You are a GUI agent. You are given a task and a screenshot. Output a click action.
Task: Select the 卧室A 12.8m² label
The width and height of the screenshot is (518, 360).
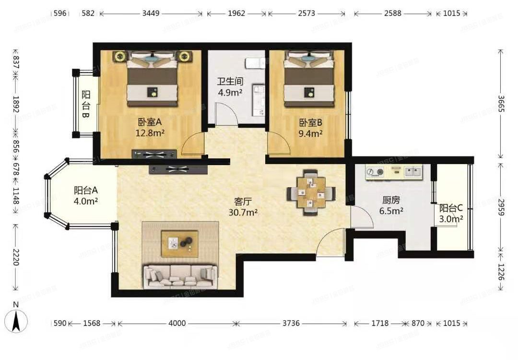coord(151,128)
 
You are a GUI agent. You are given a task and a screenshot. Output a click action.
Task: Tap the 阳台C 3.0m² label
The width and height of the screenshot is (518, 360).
coord(451,214)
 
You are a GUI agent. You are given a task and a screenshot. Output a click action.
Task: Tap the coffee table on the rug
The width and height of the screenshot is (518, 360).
coord(179,243)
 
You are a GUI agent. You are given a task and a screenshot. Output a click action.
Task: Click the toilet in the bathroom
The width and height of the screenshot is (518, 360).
coord(253,63)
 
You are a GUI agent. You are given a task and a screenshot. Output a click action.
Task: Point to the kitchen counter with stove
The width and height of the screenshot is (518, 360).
coord(393,172)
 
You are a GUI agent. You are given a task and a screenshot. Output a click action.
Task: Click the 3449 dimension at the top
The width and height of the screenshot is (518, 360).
coord(152,13)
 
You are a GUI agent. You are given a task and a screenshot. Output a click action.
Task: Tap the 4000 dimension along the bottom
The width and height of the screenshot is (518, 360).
coord(177,324)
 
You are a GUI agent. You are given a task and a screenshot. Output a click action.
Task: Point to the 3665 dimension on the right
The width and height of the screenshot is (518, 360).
coord(500,103)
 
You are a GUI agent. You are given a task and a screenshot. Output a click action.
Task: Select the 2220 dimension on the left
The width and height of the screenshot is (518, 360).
coord(16,257)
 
